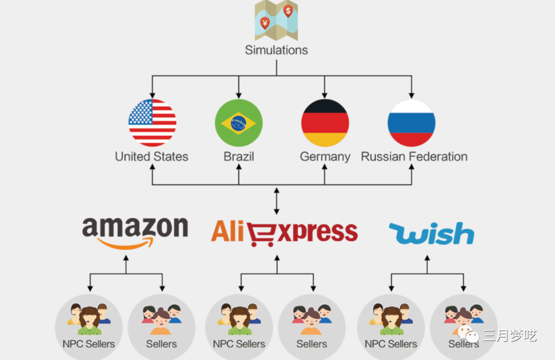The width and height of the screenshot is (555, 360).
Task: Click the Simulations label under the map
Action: click(276, 50)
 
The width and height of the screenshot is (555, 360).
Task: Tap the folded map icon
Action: click(276, 21)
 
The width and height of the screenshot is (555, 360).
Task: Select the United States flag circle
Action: click(152, 123)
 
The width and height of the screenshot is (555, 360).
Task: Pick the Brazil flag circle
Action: click(238, 123)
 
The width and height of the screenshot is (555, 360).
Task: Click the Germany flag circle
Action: click(325, 123)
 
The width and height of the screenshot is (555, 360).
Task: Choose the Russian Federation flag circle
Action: click(411, 123)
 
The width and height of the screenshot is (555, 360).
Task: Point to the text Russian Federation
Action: click(414, 157)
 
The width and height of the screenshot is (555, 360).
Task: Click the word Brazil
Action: click(238, 157)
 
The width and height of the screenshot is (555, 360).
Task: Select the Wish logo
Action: click(431, 234)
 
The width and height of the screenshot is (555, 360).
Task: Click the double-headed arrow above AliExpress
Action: click(277, 201)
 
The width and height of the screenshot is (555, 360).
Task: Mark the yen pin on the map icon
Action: click(265, 23)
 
